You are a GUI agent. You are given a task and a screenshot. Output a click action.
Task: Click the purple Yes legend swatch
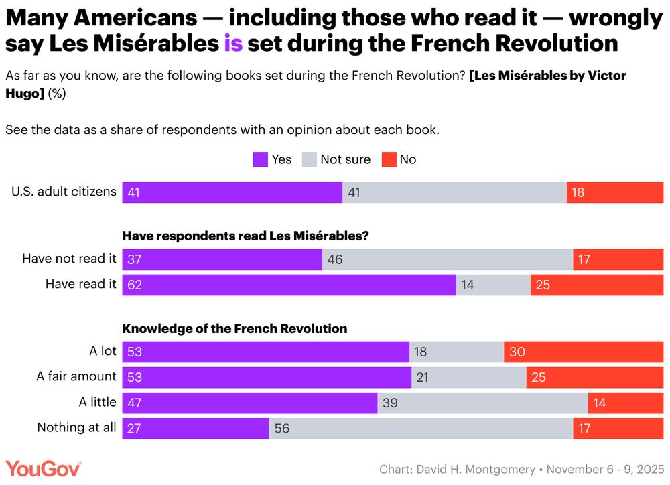[260, 159]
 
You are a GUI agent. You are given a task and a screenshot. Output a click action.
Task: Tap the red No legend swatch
[389, 159]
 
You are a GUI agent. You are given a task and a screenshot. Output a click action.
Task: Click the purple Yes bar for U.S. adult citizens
[232, 192]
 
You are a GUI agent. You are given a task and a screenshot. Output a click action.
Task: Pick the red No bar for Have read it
[596, 285]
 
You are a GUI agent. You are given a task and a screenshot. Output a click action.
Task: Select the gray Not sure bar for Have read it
[493, 285]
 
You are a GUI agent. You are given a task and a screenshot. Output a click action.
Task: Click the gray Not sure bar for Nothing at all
[421, 428]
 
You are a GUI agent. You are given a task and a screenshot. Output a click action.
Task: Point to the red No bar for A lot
[583, 352]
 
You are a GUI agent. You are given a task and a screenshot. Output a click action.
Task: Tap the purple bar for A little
[249, 403]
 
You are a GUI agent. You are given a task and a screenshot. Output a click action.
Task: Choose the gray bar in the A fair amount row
[468, 377]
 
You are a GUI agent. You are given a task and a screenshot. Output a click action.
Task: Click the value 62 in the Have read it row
[135, 285]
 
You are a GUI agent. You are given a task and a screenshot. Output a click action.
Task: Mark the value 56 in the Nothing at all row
[282, 428]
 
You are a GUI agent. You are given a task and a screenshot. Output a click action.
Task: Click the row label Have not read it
[69, 259]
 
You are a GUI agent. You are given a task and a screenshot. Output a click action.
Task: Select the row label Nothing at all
[76, 427]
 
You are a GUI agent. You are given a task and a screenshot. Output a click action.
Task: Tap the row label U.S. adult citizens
[64, 192]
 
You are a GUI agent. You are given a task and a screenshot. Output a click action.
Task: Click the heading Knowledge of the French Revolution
[234, 328]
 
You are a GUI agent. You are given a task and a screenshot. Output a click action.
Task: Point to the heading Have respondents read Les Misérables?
[245, 236]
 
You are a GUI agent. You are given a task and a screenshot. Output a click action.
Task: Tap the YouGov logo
[44, 468]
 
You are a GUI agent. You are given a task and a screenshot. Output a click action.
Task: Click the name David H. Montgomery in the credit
[475, 469]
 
